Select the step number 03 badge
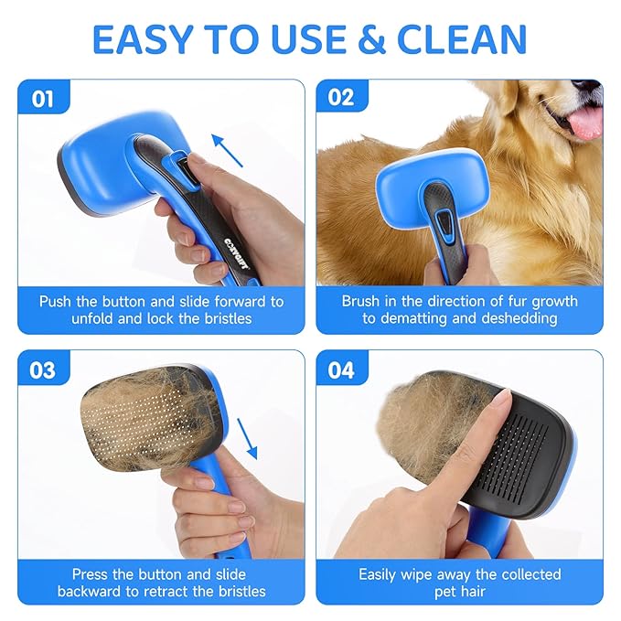coord(43,370)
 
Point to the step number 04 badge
coord(341,370)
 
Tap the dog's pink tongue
coord(584,120)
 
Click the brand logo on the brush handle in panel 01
coord(212,246)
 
